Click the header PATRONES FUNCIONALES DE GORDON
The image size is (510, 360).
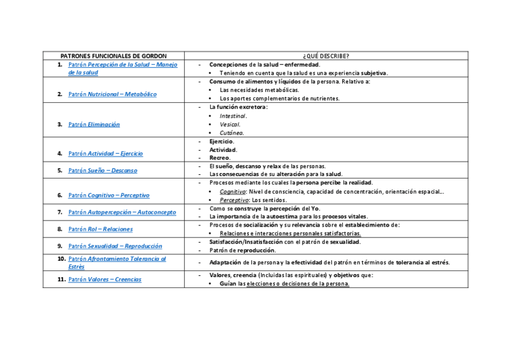click(x=114, y=55)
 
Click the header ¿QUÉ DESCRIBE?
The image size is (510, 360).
click(x=326, y=55)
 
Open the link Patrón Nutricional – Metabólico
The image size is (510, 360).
click(x=112, y=94)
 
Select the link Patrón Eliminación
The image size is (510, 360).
click(x=94, y=124)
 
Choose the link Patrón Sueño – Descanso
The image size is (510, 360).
click(x=102, y=171)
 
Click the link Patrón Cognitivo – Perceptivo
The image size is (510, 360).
click(x=109, y=195)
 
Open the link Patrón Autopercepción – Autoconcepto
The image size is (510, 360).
click(x=122, y=212)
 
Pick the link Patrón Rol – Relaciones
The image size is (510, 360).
click(x=100, y=229)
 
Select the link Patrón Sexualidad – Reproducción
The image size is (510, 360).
click(x=115, y=246)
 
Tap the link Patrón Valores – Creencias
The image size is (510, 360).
click(x=105, y=279)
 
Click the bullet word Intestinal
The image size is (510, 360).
click(x=233, y=116)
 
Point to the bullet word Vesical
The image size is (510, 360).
click(x=230, y=124)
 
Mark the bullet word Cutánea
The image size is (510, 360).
click(x=232, y=133)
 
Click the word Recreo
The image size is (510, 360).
click(x=220, y=157)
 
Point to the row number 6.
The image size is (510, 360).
click(x=60, y=195)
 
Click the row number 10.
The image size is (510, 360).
click(x=61, y=258)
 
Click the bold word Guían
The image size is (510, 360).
click(x=228, y=284)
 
